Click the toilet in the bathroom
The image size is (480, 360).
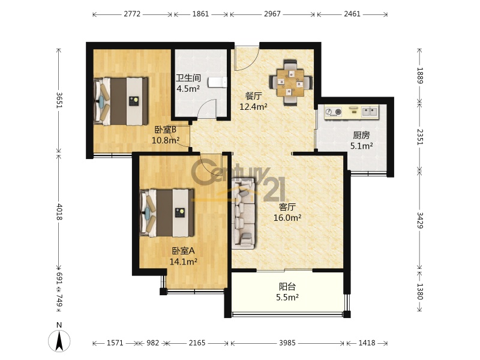[x=218, y=82]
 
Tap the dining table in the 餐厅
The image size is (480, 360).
[x=290, y=82]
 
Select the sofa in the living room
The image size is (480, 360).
[x=244, y=213]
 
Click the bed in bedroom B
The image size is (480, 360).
[x=121, y=101]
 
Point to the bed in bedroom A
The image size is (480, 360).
[x=167, y=213]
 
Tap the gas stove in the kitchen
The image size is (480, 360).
[x=333, y=112]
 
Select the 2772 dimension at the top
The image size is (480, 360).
[x=132, y=14]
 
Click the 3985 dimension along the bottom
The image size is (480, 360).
[x=287, y=343]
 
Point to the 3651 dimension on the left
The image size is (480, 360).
[x=59, y=100]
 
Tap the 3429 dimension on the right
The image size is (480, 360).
[x=419, y=220]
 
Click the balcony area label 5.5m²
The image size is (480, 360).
[x=287, y=297]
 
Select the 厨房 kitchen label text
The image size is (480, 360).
[x=361, y=135]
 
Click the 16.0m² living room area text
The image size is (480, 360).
[x=287, y=218]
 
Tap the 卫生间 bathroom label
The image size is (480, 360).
[x=188, y=78]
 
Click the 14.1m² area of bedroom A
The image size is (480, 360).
[x=183, y=262]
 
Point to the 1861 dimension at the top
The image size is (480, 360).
[x=200, y=14]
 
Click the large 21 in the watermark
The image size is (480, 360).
[x=274, y=189]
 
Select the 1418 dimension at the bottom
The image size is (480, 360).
[x=367, y=343]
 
